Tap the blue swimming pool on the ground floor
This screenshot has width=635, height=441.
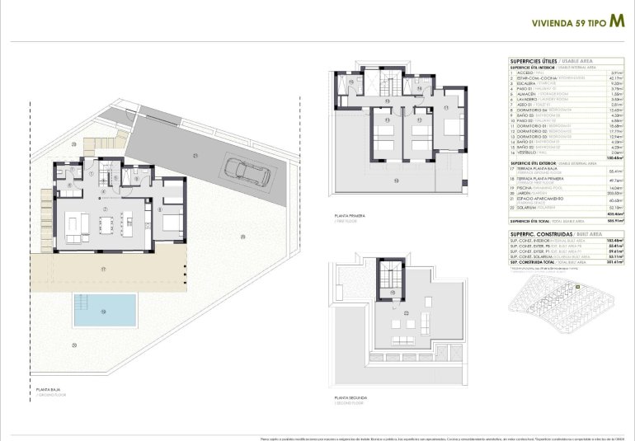105,310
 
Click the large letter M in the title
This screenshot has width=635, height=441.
616,23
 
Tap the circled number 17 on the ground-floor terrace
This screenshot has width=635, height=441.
103,269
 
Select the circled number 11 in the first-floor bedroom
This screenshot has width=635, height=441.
444,107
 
